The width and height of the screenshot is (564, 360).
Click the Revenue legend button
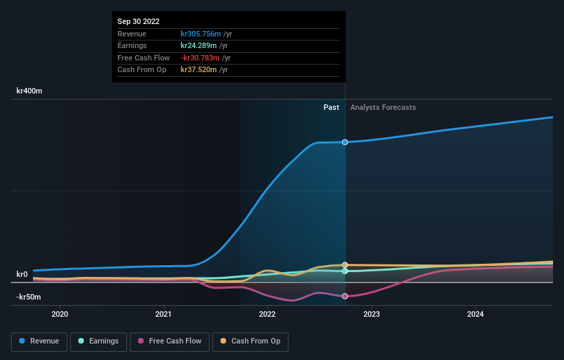click(x=38, y=341)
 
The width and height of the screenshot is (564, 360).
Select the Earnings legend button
click(x=98, y=341)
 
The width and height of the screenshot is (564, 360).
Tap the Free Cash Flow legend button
click(x=169, y=341)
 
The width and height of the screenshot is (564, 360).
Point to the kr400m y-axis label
click(x=30, y=91)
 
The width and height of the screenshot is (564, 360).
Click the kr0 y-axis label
click(x=22, y=274)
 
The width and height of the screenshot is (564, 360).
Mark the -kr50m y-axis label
click(x=29, y=297)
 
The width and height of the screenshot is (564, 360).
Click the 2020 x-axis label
click(x=60, y=315)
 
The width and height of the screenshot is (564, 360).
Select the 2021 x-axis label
click(x=164, y=315)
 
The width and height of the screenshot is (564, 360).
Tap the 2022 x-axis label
click(x=267, y=315)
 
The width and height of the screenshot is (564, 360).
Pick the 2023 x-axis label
click(x=372, y=315)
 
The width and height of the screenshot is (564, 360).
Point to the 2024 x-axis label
click(x=475, y=315)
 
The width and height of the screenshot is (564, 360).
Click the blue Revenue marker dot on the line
click(x=345, y=142)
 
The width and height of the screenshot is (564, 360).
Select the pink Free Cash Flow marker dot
click(x=345, y=296)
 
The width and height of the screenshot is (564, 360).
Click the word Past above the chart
click(x=331, y=107)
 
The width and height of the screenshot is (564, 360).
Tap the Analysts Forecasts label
click(x=383, y=107)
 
